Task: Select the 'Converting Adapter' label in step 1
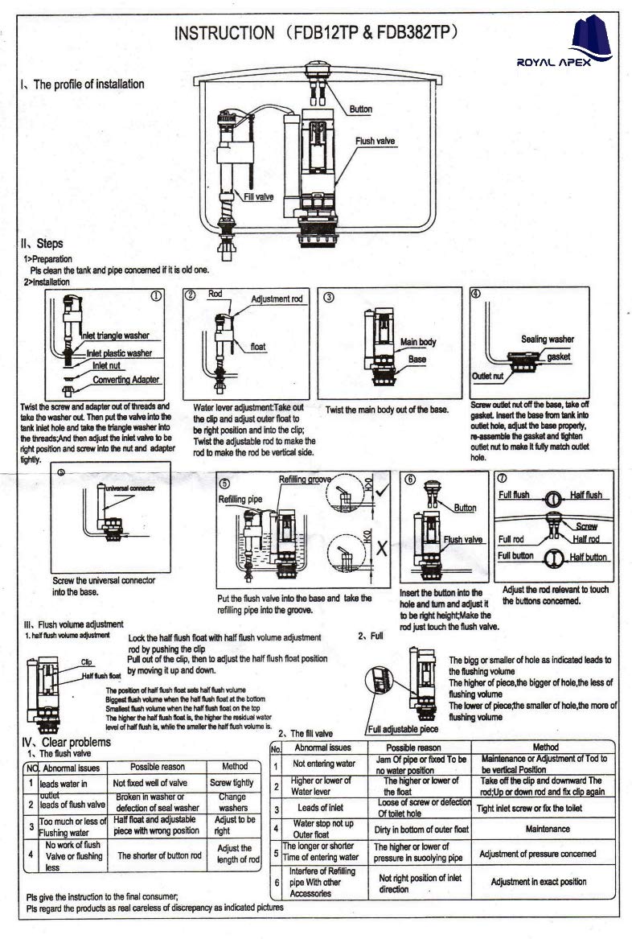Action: (126, 380)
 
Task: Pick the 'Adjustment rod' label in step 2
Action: (277, 299)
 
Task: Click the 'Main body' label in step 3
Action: (418, 343)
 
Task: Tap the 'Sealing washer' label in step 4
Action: (548, 340)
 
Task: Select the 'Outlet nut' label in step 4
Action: (487, 376)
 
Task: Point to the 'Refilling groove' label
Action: (306, 480)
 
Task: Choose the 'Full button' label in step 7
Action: (515, 556)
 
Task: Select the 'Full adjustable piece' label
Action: (404, 730)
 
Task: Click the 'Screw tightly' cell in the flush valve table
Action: (232, 782)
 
